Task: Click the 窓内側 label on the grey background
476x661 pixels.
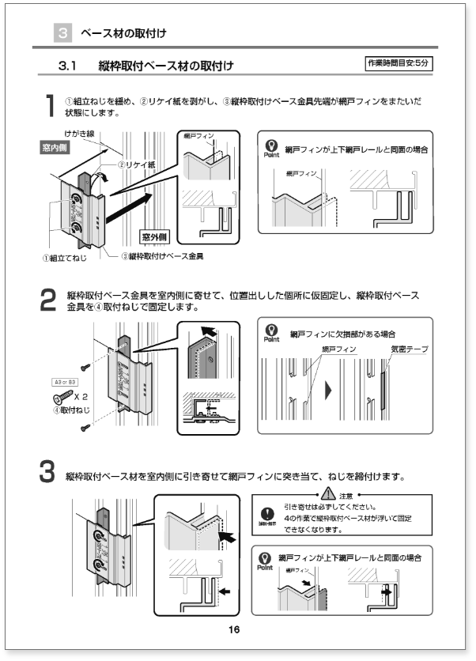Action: click(x=55, y=148)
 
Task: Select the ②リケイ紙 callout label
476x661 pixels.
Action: click(x=136, y=165)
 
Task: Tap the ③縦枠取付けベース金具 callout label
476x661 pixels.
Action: click(x=168, y=256)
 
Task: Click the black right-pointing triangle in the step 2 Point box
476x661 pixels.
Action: click(x=329, y=390)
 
